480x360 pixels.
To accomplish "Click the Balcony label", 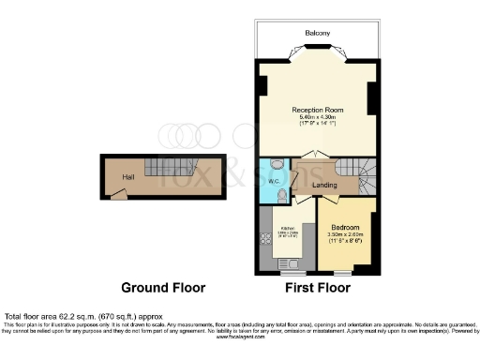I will [x=317, y=34].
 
